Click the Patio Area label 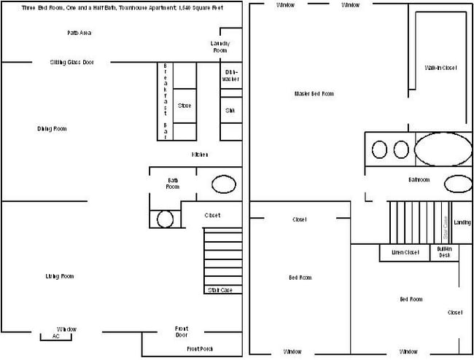tap(79, 33)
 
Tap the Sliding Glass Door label tap(71, 62)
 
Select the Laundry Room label tap(220, 47)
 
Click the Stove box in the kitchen tap(184, 106)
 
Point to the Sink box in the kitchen tap(230, 110)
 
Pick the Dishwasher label tap(231, 75)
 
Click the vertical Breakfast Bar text tap(166, 101)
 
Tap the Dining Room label tap(52, 129)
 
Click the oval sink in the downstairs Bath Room tap(224, 184)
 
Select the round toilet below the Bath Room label tap(166, 219)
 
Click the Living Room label tap(59, 276)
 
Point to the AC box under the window tap(55, 337)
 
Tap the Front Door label tap(182, 332)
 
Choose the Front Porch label tap(199, 349)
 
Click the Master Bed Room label tap(314, 93)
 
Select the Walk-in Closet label tap(440, 68)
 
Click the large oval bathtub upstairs tap(443, 149)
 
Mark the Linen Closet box tap(405, 253)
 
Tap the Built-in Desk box tap(444, 252)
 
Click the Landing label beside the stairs tap(462, 222)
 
